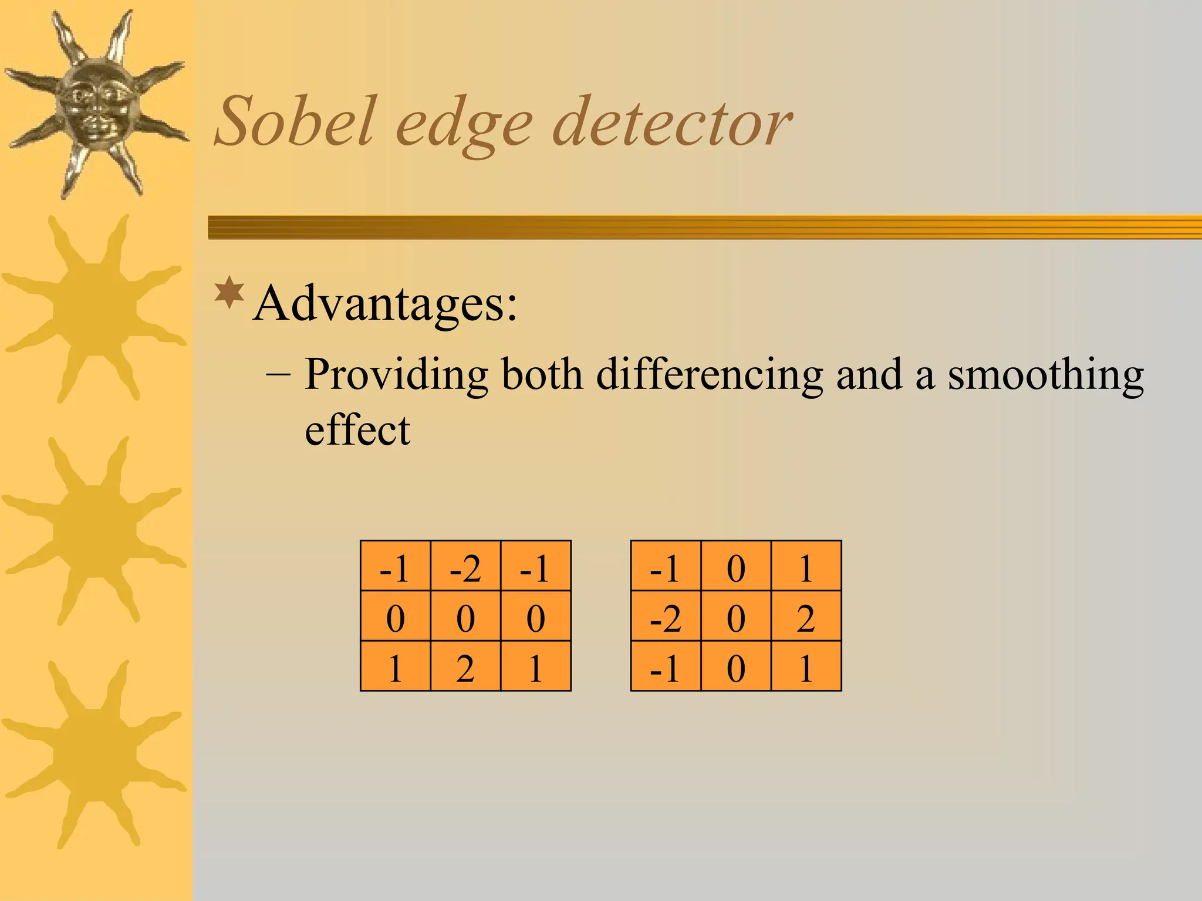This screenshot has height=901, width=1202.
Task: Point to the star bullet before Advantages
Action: tap(229, 293)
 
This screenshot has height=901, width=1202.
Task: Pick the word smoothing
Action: tap(1045, 375)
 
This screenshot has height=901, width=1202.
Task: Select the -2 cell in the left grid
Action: tap(465, 567)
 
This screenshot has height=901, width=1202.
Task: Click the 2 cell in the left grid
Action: tap(465, 667)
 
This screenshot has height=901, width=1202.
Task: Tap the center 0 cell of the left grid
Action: tap(465, 617)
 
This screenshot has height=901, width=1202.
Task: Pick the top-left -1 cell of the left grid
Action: tap(394, 567)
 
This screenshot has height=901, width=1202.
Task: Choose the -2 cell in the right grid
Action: tap(666, 617)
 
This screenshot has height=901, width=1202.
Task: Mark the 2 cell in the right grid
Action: tap(806, 617)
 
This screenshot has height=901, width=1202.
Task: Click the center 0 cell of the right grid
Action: tap(736, 617)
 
